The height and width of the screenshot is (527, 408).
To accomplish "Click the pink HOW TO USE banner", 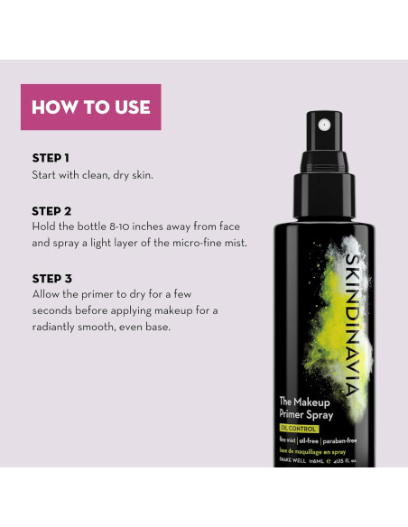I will tap(90, 107).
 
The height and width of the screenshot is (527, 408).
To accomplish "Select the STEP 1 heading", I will tap(51, 158).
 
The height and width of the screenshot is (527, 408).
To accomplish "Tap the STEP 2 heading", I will tap(51, 210).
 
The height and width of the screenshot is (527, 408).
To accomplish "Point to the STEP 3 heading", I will tap(51, 278).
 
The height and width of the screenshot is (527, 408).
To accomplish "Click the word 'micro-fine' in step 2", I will tap(187, 243).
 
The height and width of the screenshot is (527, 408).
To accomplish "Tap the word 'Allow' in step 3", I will tap(47, 294).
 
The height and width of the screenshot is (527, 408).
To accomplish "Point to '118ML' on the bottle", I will tap(318, 460).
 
